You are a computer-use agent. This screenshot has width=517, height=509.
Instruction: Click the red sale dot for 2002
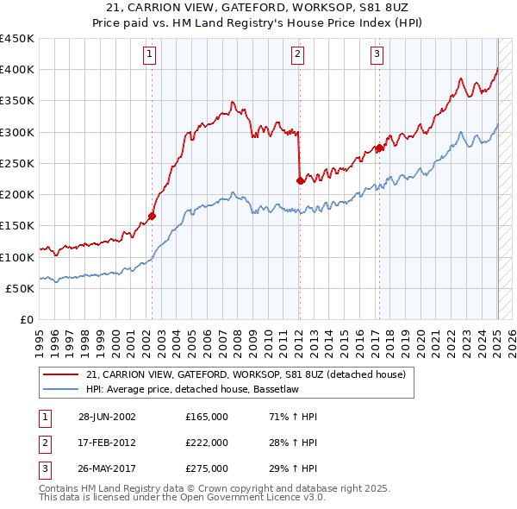(152, 217)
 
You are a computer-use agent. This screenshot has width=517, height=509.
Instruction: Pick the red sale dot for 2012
(300, 181)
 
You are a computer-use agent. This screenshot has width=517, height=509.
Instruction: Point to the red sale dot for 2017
(379, 148)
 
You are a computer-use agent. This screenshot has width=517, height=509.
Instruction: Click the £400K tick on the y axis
(17, 70)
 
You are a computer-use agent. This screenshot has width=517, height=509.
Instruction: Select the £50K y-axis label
(21, 288)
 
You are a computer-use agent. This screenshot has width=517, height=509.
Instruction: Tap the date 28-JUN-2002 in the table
(107, 417)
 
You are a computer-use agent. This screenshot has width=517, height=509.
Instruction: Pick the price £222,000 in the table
(206, 443)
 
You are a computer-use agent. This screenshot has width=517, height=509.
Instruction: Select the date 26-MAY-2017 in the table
(107, 469)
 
